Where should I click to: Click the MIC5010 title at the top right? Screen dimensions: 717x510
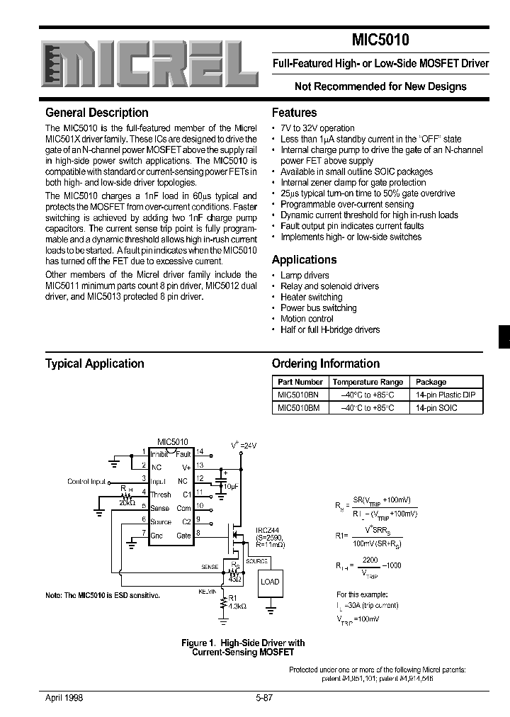pyautogui.click(x=380, y=40)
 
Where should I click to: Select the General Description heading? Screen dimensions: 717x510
pyautogui.click(x=97, y=113)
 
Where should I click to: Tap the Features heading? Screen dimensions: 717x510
pyautogui.click(x=295, y=113)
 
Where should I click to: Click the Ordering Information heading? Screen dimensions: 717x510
pyautogui.click(x=326, y=363)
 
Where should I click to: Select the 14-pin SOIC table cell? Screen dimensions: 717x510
pyautogui.click(x=436, y=407)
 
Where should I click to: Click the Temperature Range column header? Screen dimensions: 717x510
pyautogui.click(x=368, y=382)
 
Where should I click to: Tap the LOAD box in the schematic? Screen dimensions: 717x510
pyautogui.click(x=270, y=582)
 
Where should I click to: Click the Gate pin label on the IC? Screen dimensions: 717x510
pyautogui.click(x=183, y=536)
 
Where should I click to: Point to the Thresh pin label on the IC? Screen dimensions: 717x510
pyautogui.click(x=161, y=495)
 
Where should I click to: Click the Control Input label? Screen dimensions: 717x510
pyautogui.click(x=86, y=482)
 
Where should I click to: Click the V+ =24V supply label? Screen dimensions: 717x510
pyautogui.click(x=244, y=444)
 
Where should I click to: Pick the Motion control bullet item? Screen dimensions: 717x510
pyautogui.click(x=307, y=319)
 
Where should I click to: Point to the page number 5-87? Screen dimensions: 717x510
pyautogui.click(x=264, y=697)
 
